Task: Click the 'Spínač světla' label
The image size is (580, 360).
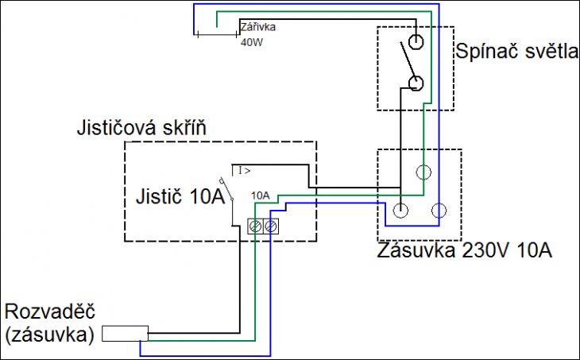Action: click(x=516, y=52)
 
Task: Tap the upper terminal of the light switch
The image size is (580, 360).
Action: click(x=416, y=41)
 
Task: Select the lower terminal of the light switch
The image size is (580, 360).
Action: click(x=416, y=83)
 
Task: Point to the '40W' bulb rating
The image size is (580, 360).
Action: click(x=252, y=43)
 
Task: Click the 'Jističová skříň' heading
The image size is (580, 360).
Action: click(x=141, y=129)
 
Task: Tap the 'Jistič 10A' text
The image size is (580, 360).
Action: click(x=180, y=196)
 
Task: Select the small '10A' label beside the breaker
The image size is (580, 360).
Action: click(x=261, y=195)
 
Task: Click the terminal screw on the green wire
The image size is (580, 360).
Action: click(x=255, y=226)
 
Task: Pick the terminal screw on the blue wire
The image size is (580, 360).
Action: click(x=271, y=226)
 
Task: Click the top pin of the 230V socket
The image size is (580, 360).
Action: click(x=423, y=172)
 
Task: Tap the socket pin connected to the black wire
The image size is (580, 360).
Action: click(x=400, y=211)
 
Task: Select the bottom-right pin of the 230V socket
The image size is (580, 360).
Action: click(x=439, y=211)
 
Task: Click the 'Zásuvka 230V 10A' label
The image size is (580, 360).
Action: click(x=465, y=250)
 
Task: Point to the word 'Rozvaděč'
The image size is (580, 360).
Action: click(x=50, y=312)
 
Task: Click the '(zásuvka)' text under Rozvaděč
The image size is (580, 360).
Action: click(x=50, y=335)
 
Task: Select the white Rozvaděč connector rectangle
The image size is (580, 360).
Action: click(x=125, y=333)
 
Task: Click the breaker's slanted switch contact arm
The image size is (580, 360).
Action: click(x=226, y=189)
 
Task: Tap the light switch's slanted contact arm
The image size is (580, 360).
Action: click(x=407, y=60)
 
